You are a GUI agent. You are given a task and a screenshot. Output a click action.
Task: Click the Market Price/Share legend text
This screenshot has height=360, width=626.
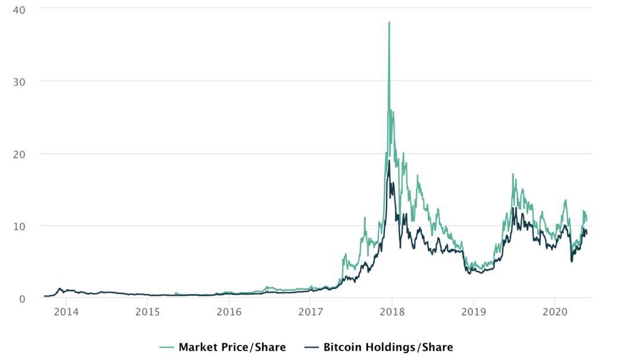click(232, 347)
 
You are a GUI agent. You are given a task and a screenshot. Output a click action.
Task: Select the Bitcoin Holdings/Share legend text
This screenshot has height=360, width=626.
click(388, 347)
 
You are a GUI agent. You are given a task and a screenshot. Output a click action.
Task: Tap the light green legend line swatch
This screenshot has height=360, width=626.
click(167, 347)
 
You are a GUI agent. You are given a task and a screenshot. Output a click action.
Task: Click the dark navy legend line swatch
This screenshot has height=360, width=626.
click(311, 347)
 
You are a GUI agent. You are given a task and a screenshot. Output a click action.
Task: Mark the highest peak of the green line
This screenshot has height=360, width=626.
click(389, 23)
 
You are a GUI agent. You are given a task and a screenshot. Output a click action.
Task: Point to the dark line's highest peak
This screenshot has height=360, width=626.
click(389, 161)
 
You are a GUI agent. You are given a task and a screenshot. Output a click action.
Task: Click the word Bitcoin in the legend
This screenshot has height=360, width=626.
click(343, 347)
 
